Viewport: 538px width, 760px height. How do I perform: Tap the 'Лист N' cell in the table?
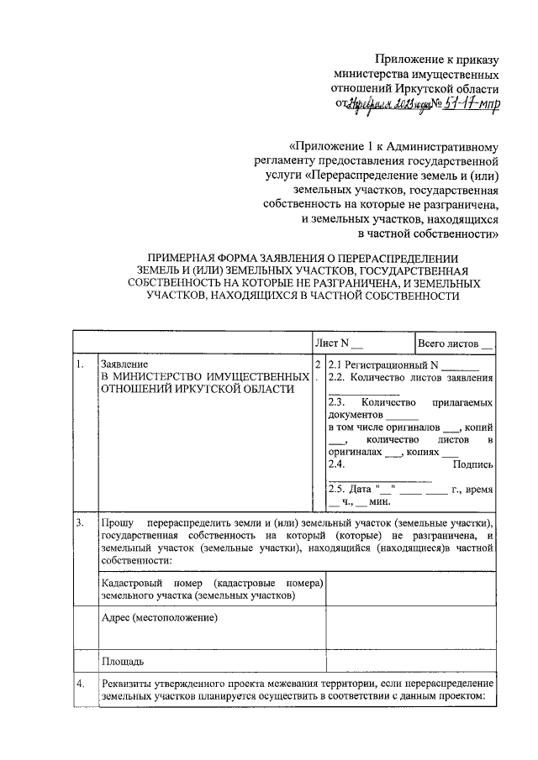(x=339, y=343)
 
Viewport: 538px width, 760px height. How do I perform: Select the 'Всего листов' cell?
(x=454, y=343)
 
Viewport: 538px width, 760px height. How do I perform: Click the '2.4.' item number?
(x=336, y=464)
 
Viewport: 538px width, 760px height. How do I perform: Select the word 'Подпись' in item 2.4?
(x=472, y=464)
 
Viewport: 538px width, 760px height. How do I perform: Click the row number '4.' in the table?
(x=79, y=684)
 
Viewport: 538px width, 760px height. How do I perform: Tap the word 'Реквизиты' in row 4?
(x=126, y=684)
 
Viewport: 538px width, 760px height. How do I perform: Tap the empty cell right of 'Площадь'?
(x=410, y=661)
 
